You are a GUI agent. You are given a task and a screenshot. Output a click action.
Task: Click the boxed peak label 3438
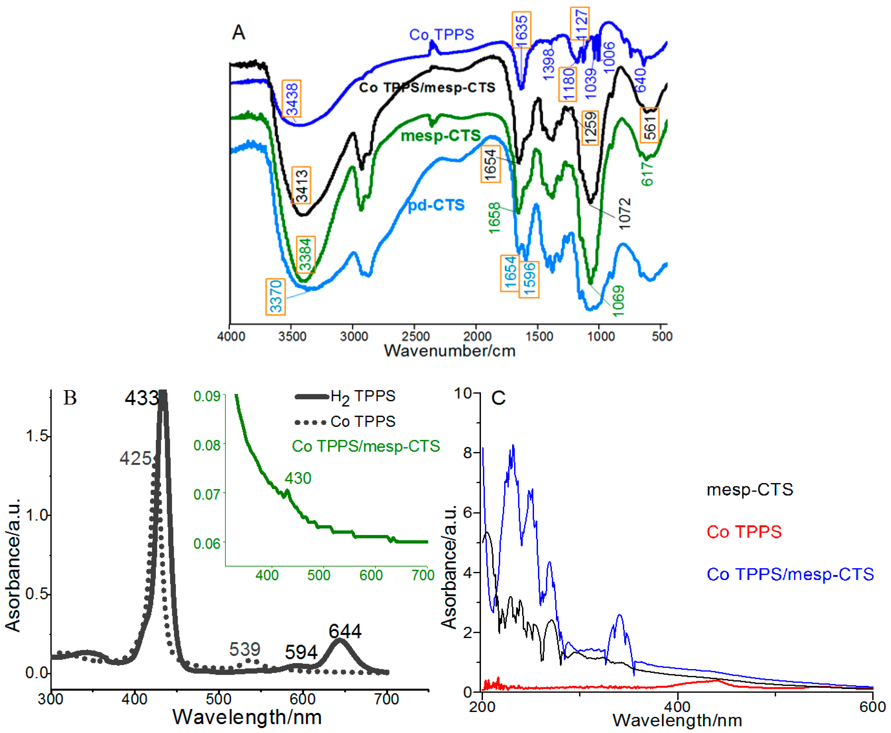point(291,99)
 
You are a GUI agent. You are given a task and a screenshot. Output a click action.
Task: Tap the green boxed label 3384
point(305,255)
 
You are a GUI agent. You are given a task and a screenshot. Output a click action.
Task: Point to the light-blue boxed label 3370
point(275,297)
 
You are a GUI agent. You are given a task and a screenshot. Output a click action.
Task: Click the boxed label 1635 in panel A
point(522,30)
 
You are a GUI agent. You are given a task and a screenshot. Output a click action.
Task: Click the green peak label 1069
point(618,301)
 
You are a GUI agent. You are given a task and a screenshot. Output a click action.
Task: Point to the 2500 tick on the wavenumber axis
point(415,336)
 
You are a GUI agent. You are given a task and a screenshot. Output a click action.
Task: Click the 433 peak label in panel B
point(141,398)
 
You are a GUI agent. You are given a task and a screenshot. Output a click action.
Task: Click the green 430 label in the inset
point(298,478)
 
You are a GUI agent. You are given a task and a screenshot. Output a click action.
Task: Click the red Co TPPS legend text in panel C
point(744,532)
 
